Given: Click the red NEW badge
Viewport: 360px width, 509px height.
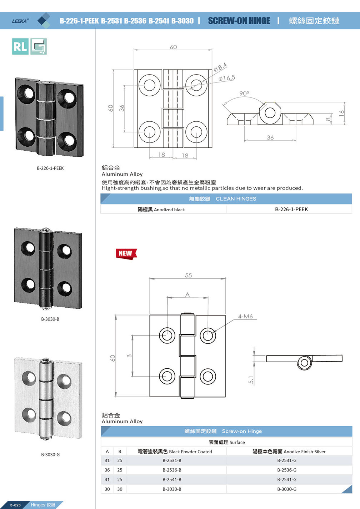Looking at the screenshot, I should pyautogui.click(x=126, y=253).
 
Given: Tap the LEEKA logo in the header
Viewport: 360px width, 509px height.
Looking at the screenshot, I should pyautogui.click(x=20, y=21).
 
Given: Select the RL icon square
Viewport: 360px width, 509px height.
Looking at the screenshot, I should pyautogui.click(x=20, y=46).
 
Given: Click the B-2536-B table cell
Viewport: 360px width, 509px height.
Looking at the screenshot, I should pyautogui.click(x=172, y=470).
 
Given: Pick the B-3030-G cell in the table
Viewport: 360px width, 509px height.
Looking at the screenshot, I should pyautogui.click(x=287, y=489).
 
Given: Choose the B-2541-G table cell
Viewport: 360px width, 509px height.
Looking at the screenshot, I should pyautogui.click(x=287, y=480).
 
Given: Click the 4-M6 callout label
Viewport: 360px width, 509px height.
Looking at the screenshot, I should pyautogui.click(x=245, y=317).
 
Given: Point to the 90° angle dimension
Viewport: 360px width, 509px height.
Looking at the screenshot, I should pyautogui.click(x=244, y=94).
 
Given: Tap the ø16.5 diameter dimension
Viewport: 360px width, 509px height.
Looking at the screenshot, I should pyautogui.click(x=227, y=78).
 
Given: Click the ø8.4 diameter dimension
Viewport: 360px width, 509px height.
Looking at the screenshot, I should pyautogui.click(x=220, y=67).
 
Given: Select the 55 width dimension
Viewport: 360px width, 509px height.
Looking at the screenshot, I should pyautogui.click(x=189, y=276).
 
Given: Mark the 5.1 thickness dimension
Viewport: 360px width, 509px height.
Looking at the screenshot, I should pyautogui.click(x=251, y=380).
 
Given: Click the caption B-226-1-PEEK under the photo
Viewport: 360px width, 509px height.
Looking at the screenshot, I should pyautogui.click(x=50, y=168).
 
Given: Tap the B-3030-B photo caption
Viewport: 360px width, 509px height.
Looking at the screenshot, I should pyautogui.click(x=50, y=319).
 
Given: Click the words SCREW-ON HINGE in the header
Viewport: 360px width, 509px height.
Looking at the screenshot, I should pyautogui.click(x=239, y=21).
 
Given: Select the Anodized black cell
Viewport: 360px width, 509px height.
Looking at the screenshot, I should pyautogui.click(x=161, y=210).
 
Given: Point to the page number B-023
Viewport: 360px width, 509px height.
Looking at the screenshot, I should pyautogui.click(x=15, y=505).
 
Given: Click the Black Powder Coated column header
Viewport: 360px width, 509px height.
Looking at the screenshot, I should pyautogui.click(x=175, y=452).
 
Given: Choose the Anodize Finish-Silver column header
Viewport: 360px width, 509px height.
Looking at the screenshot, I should pyautogui.click(x=289, y=452).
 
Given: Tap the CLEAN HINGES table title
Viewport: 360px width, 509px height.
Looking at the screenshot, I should pyautogui.click(x=236, y=199).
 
